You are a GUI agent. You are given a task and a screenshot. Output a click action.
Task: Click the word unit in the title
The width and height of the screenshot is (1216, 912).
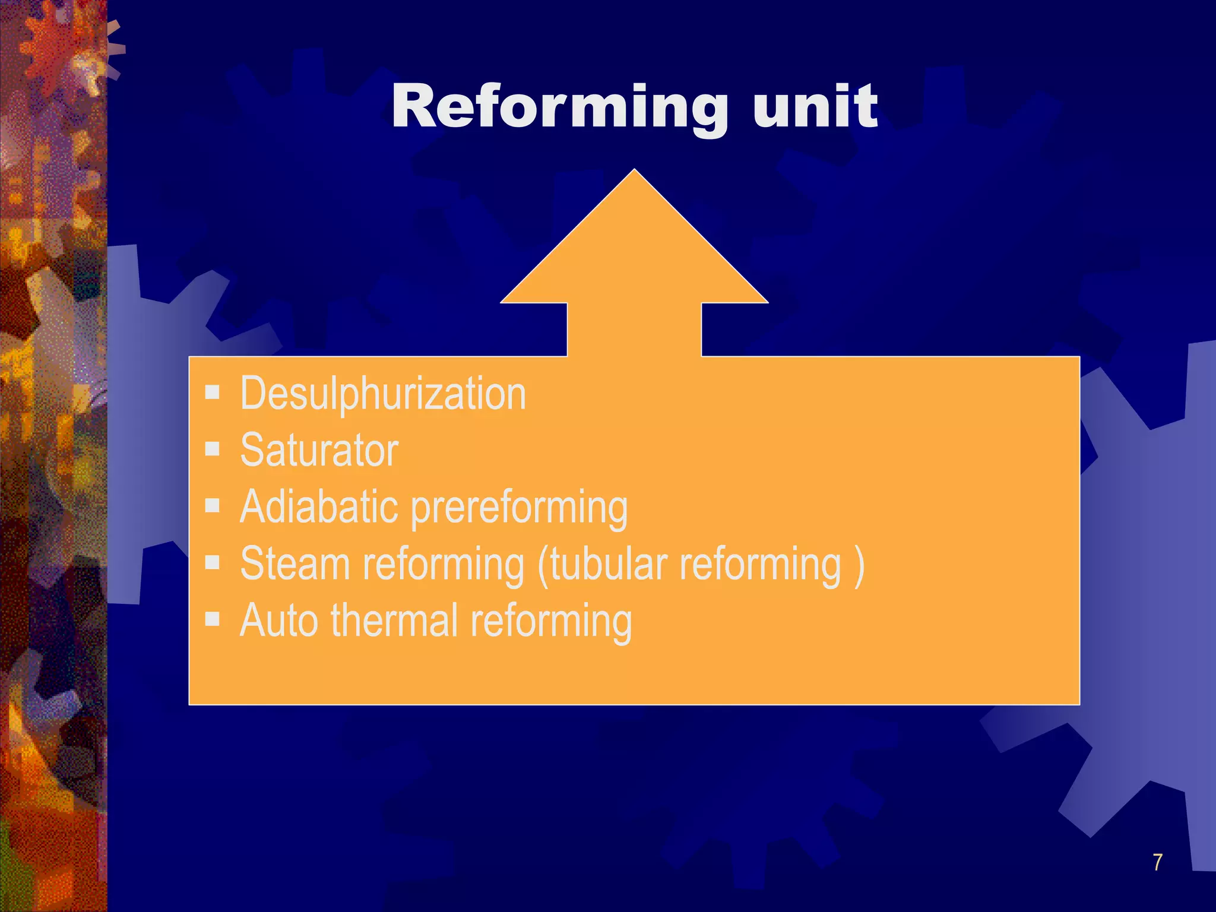tap(815, 107)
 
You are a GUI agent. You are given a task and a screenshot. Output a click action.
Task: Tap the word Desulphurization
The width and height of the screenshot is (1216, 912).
tap(383, 394)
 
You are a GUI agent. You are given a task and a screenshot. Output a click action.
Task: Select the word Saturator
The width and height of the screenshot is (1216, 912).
tap(319, 450)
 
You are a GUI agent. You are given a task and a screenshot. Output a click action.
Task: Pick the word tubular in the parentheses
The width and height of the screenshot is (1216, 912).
tap(608, 564)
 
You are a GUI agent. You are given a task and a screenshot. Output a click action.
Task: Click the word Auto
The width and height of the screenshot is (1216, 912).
tap(278, 620)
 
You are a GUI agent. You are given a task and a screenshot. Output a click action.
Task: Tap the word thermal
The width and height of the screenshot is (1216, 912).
tap(394, 620)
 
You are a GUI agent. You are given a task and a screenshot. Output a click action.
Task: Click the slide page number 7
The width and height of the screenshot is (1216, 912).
tap(1157, 862)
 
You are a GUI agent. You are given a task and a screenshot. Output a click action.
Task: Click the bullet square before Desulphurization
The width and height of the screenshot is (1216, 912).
tap(213, 392)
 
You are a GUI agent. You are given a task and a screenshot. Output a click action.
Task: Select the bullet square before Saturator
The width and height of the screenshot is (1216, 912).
tap(213, 448)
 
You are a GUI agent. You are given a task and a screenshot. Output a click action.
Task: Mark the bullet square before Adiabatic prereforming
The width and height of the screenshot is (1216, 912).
tap(213, 505)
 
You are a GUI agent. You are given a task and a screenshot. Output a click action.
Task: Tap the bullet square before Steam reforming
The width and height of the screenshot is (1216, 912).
tap(213, 562)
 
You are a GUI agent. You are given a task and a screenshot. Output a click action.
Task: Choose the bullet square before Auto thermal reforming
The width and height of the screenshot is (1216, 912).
tap(213, 619)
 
